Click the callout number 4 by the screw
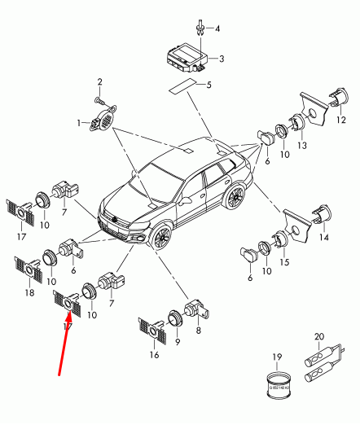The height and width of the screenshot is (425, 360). point(217,28)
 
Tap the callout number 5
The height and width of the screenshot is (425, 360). point(208,85)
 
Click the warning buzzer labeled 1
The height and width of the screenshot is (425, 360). point(102,124)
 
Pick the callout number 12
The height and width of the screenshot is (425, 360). point(341,120)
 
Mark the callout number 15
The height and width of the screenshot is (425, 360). point(284,262)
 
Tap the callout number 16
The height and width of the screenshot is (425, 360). point(155,355)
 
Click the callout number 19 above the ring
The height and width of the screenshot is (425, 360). point(276,357)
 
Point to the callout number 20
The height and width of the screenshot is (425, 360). point(318,335)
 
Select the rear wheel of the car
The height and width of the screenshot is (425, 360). point(237,197)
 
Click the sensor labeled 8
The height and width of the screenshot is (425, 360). point(195,309)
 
